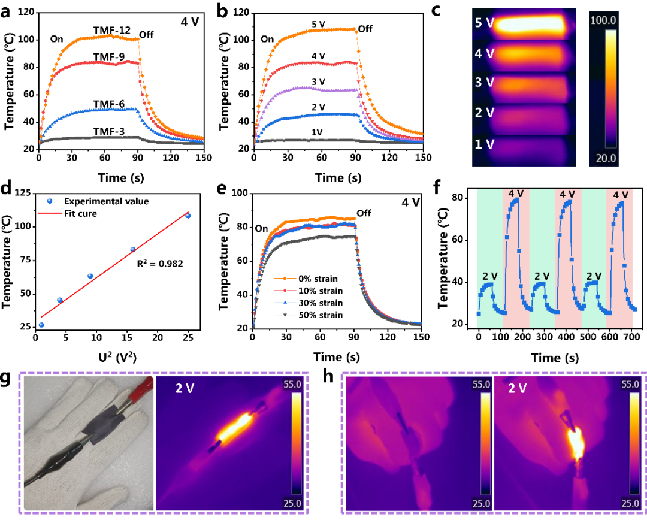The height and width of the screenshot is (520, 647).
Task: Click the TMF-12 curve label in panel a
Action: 112,29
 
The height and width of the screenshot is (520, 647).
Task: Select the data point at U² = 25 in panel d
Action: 188,216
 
